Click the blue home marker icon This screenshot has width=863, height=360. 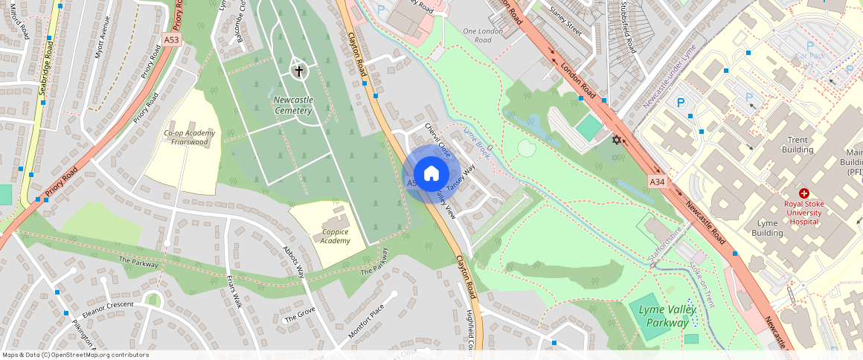[431, 175]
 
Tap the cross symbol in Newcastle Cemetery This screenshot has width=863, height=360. [298, 71]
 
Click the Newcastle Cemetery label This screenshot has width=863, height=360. [292, 105]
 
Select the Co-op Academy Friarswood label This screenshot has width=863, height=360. [189, 138]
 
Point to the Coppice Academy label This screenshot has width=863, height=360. [336, 236]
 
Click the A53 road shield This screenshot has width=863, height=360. [172, 39]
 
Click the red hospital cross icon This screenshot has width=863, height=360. [804, 193]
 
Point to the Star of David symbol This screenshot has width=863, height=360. [615, 140]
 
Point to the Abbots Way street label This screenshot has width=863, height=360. [294, 261]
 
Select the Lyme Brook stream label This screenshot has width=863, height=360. [475, 143]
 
